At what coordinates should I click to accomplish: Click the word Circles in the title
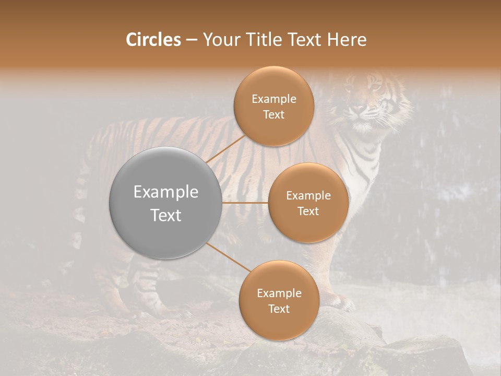[x=153, y=40]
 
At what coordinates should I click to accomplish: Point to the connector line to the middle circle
[x=245, y=203]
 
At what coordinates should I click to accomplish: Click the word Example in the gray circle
[x=166, y=192]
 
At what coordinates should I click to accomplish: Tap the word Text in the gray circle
[x=166, y=215]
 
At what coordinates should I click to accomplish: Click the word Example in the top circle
[x=274, y=99]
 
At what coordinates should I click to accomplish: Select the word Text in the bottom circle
[x=279, y=309]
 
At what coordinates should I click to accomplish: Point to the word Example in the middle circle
[x=308, y=195]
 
